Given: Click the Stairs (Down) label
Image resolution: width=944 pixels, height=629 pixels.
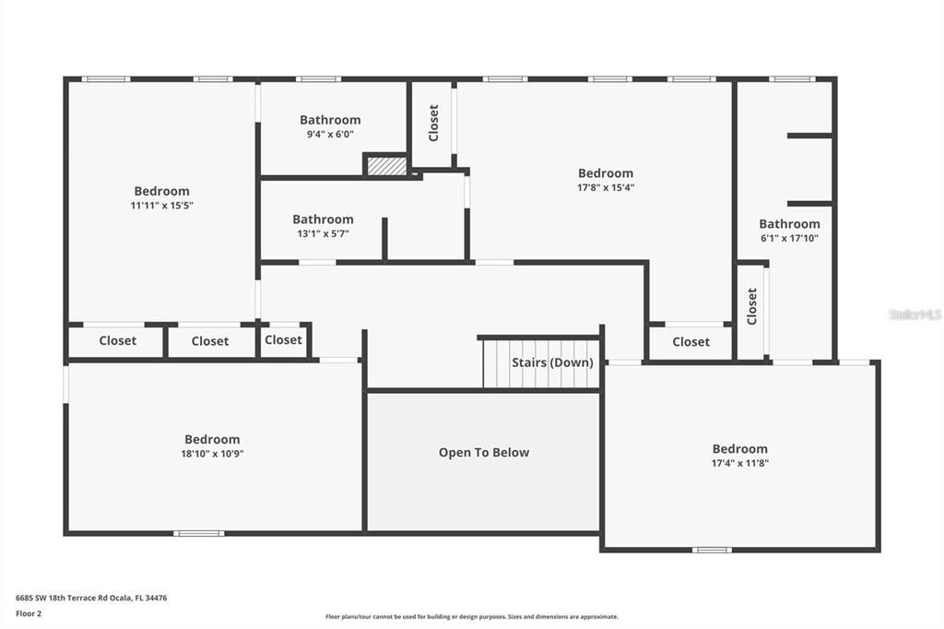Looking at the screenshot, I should point(552,362).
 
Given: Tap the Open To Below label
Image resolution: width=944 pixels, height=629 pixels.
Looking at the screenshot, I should point(484,453).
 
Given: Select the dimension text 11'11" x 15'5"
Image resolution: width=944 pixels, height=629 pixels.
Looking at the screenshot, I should point(161,206).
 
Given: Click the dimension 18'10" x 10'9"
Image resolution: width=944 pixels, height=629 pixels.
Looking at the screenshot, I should point(212,454).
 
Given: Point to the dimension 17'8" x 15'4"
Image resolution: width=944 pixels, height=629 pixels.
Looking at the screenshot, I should point(606,187).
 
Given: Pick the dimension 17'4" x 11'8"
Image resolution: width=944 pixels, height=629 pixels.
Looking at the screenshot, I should point(739,463).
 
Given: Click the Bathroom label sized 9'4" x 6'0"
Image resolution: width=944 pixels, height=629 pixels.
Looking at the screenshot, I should point(330,120).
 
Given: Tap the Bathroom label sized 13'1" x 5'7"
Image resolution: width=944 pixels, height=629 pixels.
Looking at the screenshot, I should point(323,220).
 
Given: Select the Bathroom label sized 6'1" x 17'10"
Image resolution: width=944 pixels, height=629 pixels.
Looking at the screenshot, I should point(789,224).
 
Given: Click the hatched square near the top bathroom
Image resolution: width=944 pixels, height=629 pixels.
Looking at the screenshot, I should point(387,166).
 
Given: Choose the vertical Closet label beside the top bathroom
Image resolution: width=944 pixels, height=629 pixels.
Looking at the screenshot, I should point(433,123).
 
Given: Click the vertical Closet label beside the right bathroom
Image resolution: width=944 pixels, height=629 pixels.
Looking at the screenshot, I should point(752,306).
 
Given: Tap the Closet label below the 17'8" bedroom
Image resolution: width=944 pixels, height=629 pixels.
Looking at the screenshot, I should point(690,342).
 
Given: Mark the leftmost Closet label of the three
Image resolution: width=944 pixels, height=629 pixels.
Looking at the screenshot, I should point(118,341).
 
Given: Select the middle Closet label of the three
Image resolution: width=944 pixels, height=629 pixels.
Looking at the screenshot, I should point(210,341).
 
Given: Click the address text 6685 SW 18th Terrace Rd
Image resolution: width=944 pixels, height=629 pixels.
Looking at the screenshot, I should point(91,598).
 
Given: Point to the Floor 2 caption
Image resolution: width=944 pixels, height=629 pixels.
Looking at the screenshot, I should point(29,613).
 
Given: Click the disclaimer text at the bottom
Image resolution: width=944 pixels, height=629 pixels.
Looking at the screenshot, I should point(471,617).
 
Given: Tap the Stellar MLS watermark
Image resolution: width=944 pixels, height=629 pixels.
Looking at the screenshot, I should point(914,314).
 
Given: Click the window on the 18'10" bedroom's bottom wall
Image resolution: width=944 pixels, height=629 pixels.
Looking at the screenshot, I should point(199,533).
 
